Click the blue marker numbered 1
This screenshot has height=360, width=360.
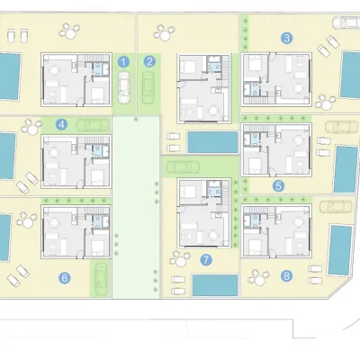pyautogui.click(x=123, y=62)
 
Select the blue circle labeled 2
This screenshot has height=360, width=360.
pyautogui.click(x=149, y=62)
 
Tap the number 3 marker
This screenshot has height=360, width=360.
pyautogui.click(x=287, y=38)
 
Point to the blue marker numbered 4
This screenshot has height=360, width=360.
pyautogui.click(x=61, y=124)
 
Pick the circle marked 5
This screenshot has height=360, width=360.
pyautogui.click(x=278, y=186)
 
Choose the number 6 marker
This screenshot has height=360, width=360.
pyautogui.click(x=65, y=278)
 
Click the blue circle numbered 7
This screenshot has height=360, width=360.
pyautogui.click(x=206, y=260)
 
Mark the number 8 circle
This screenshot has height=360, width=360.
pyautogui.click(x=287, y=275)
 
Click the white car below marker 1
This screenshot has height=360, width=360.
pyautogui.click(x=124, y=87)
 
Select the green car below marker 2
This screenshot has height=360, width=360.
pyautogui.click(x=148, y=87)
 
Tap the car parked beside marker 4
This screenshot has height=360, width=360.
pyautogui.click(x=93, y=125)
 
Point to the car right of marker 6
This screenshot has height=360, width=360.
pyautogui.click(x=101, y=279)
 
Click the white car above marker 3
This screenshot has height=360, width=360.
pyautogui.click(x=346, y=22)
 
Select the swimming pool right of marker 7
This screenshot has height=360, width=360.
pyautogui.click(x=215, y=285)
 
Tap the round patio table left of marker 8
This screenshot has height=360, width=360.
pyautogui.click(x=258, y=279)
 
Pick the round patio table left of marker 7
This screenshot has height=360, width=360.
pyautogui.click(x=180, y=260)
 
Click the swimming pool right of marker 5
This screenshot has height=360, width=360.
pyautogui.click(x=346, y=169)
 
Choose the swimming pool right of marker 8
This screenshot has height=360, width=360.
pyautogui.click(x=340, y=250)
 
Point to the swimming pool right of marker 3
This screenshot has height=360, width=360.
pyautogui.click(x=350, y=75)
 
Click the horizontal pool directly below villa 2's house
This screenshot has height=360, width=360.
pyautogui.click(x=212, y=142)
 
